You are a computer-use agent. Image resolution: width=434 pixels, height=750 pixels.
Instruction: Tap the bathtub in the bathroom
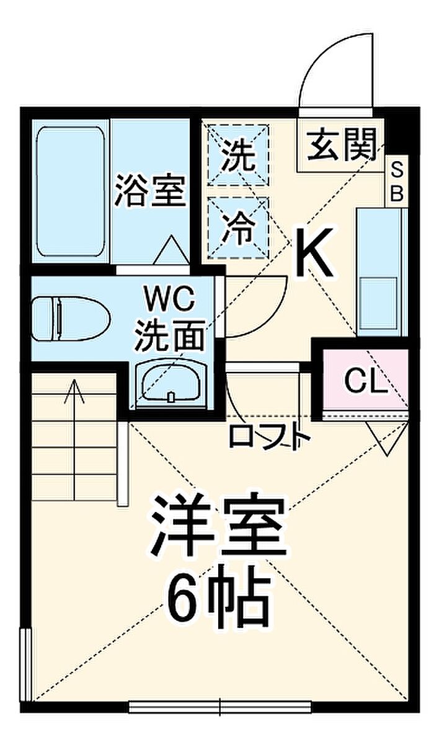pyautogui.click(x=70, y=191)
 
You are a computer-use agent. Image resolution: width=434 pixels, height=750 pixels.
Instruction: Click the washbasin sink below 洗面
pyautogui.click(x=170, y=381)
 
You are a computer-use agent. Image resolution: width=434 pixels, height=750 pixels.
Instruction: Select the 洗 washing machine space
pyautogui.click(x=237, y=155)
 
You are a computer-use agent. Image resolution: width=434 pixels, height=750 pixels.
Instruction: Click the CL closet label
pyautogui.click(x=365, y=382)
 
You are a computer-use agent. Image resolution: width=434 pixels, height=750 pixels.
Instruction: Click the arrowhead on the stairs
pyautogui.click(x=74, y=389)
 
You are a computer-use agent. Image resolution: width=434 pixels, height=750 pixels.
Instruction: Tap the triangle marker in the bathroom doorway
pyautogui.click(x=172, y=250)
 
